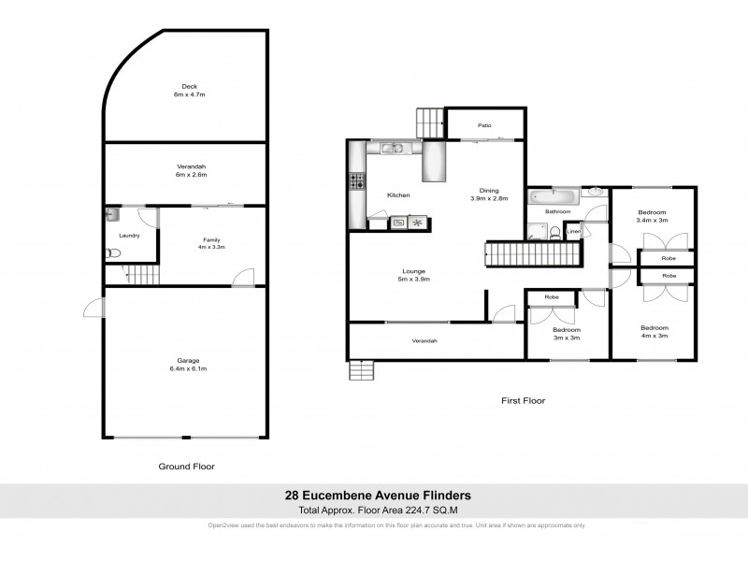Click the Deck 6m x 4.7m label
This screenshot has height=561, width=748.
(190, 91)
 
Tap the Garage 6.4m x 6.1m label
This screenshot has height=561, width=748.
(190, 364)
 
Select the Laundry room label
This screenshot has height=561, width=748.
(130, 236)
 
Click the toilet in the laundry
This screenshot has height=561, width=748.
(112, 252)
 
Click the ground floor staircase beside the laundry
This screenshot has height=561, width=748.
(143, 275)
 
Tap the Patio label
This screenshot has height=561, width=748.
(484, 125)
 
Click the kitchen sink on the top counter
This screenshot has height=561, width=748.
(393, 148)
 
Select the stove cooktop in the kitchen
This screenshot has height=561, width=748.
(356, 181)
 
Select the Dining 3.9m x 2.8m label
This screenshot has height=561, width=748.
(487, 194)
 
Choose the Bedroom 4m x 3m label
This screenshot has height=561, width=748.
(654, 331)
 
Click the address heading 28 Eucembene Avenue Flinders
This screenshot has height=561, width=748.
(377, 496)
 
